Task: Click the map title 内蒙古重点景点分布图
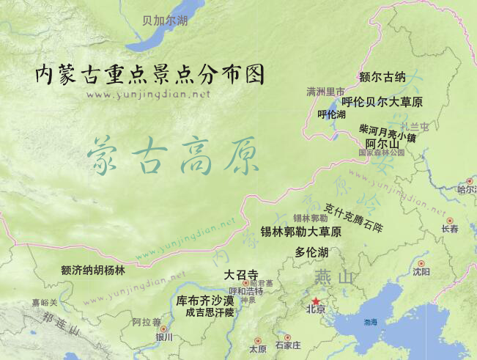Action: [x=149, y=75]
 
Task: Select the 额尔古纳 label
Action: [x=382, y=76]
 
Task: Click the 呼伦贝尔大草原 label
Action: [x=382, y=102]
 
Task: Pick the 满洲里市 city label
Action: [x=325, y=92]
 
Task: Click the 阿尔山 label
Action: [x=382, y=143]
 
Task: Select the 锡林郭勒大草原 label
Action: [x=300, y=232]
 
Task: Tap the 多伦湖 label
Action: [x=311, y=252]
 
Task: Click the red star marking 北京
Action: [x=316, y=301]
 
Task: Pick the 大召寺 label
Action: [x=240, y=275]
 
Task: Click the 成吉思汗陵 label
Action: [x=210, y=312]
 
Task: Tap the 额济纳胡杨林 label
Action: [x=93, y=271]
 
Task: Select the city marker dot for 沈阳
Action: [x=421, y=263]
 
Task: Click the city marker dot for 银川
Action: [x=163, y=328]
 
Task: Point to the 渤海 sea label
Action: [x=371, y=322]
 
